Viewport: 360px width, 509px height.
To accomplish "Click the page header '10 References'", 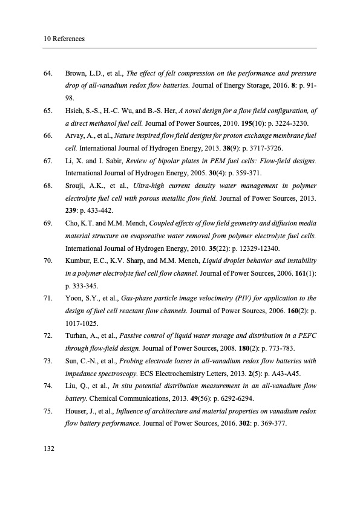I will pyautogui.click(x=64, y=39).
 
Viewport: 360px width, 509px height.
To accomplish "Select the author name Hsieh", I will pyautogui.click(x=75, y=111).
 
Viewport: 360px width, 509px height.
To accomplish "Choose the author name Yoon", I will pyautogui.click(x=74, y=298).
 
